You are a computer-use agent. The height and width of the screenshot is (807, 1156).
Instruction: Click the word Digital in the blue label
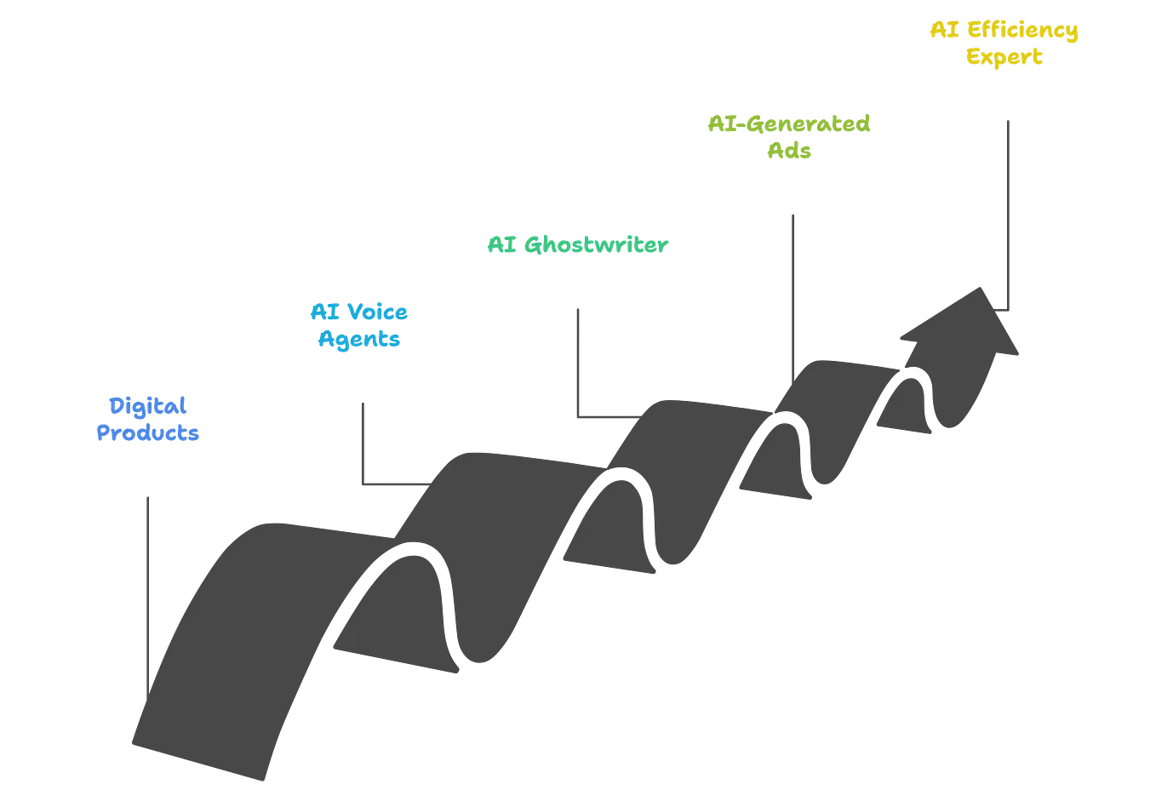(147, 406)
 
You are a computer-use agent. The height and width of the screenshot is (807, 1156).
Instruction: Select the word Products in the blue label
(147, 432)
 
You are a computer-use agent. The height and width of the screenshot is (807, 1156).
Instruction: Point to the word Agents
(358, 339)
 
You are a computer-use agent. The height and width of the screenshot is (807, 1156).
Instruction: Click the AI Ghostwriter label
(578, 246)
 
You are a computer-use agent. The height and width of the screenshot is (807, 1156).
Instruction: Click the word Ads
(790, 152)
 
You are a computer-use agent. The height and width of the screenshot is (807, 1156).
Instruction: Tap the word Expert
(1005, 58)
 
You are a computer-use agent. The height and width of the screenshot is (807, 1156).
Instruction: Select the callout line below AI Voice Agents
(364, 443)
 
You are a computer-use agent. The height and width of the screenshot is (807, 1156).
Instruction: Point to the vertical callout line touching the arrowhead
(1010, 213)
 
